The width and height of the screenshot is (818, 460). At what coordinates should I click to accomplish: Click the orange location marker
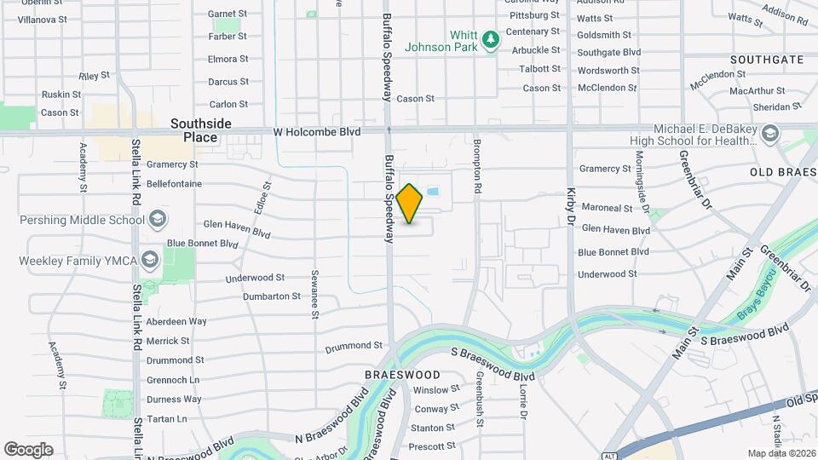pos(410,203)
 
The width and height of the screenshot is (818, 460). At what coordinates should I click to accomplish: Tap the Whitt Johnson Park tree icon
pos(490,39)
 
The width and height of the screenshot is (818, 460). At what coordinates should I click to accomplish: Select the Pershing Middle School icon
pos(157,220)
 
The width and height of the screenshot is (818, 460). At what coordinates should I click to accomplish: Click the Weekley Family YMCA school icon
pos(150,260)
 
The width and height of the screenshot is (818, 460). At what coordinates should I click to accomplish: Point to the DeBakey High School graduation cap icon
pos(770,134)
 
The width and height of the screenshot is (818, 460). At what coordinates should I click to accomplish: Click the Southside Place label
pos(200,130)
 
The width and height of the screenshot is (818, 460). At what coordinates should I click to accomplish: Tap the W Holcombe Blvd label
pos(317,132)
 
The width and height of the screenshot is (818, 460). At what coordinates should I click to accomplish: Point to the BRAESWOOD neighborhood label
pos(402,375)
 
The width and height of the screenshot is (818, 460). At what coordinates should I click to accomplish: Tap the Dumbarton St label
pos(272,296)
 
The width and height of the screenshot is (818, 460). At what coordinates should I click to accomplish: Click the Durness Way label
pos(174,399)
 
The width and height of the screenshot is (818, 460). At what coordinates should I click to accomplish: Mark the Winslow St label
pos(436,389)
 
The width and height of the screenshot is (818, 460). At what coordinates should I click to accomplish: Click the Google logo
pos(28,449)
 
